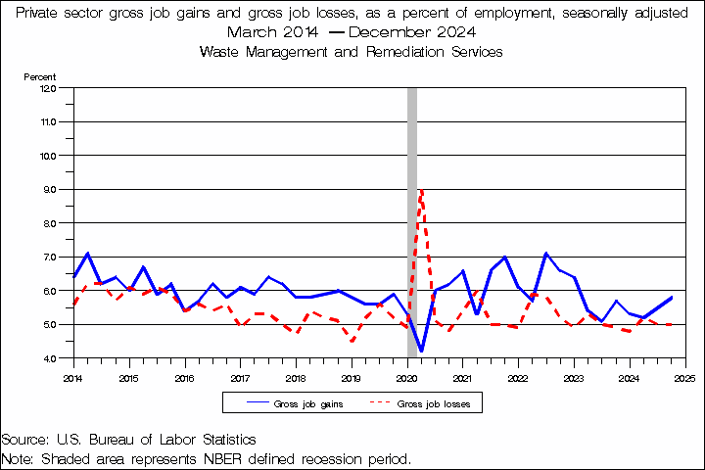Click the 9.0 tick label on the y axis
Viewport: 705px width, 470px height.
tap(48, 189)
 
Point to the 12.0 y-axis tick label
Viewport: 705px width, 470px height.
tap(48, 87)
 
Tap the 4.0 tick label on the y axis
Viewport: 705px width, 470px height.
tap(48, 358)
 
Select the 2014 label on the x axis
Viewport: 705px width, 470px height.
tap(73, 377)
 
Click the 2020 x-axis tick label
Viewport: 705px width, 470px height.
tap(407, 377)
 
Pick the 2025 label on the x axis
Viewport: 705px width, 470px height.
tap(685, 377)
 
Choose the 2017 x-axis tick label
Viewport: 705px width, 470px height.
tap(240, 377)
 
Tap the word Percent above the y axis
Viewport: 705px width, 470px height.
tap(40, 76)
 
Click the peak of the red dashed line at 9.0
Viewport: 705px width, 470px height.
tap(421, 190)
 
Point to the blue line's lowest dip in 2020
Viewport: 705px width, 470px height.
tap(421, 351)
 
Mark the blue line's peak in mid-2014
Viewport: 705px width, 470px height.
tap(88, 254)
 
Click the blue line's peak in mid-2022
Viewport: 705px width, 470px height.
tap(546, 254)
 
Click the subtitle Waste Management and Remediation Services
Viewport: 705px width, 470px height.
tap(351, 52)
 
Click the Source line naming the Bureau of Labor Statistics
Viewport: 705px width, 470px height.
tap(129, 440)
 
